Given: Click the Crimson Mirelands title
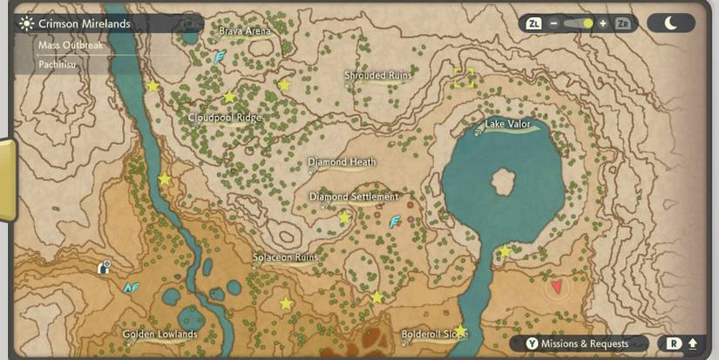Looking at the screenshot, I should pos(85,24).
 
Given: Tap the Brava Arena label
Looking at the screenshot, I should pos(245,31).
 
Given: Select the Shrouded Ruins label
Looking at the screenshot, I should pos(377,76).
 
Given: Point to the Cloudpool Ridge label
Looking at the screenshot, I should pos(225,118).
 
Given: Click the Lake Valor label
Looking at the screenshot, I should pos(507,125).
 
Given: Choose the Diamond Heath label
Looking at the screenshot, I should pos(342,162).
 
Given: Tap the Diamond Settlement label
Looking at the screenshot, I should pos(353,197).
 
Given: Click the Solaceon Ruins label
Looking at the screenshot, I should pos(285,258).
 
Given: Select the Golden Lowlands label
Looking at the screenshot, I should pos(159,334).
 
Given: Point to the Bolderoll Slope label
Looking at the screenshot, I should pos(434,334).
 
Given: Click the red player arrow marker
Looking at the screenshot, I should pos(557,285).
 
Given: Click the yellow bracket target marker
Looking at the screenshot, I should pos(463,78).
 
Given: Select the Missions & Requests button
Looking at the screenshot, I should pos(579,343).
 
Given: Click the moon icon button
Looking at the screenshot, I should pos(671,24).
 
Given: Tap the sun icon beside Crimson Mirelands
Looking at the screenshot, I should pos(26,24).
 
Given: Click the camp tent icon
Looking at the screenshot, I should pos(105,267).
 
